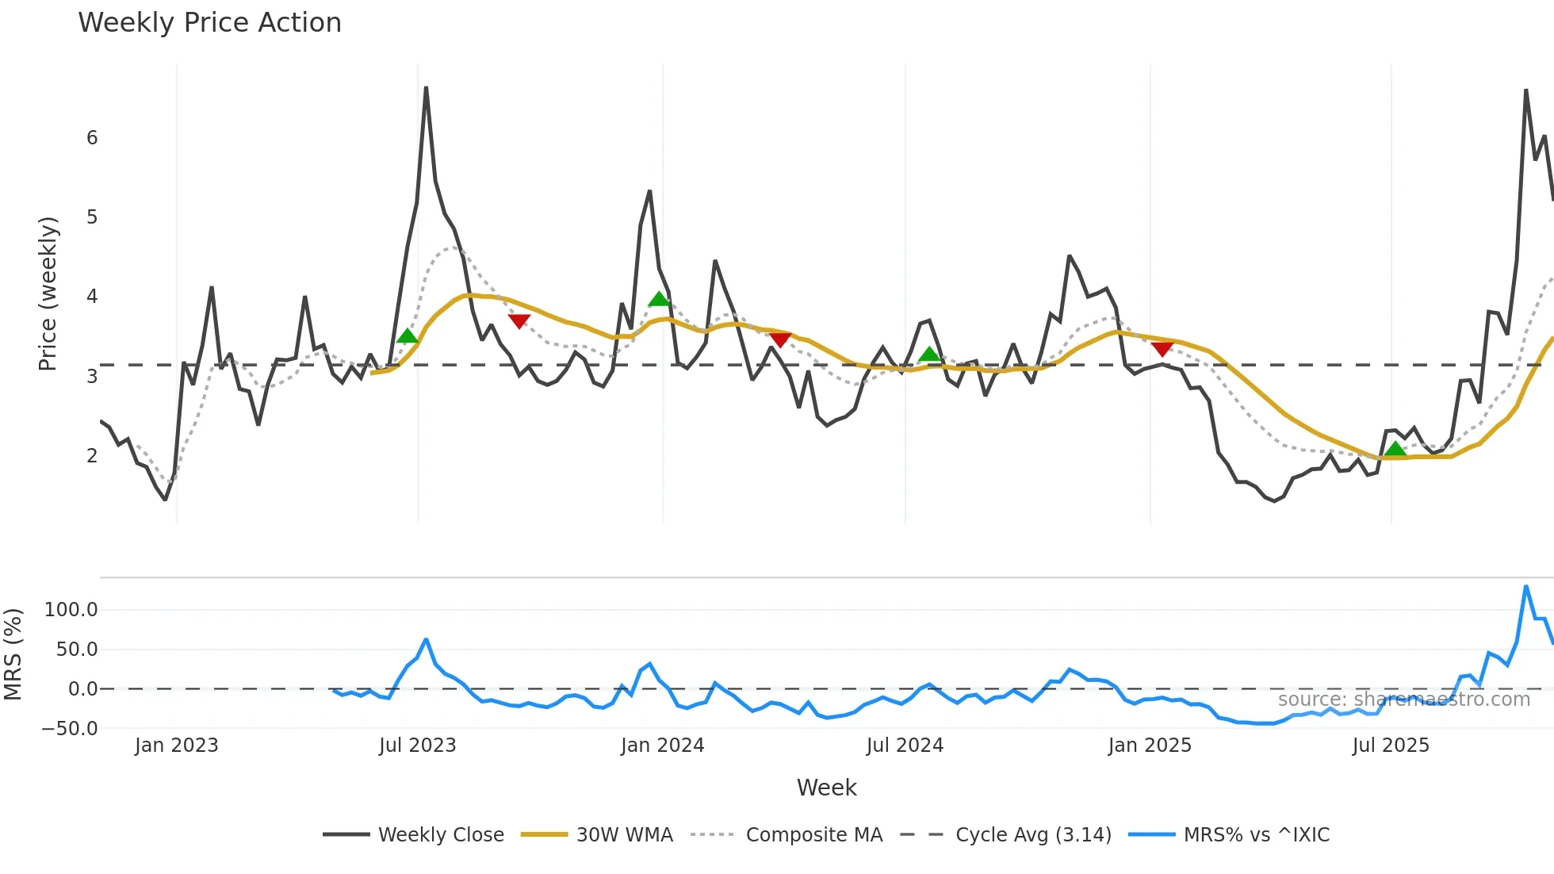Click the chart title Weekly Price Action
(209, 23)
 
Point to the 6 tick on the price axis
(92, 138)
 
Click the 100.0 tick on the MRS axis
(71, 610)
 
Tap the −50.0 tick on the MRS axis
(70, 728)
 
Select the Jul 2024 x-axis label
(905, 746)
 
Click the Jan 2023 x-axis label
(176, 746)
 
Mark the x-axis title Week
(826, 788)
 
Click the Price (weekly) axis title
(48, 293)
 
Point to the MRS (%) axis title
(13, 654)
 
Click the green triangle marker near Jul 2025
(1395, 450)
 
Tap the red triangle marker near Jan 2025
(1162, 349)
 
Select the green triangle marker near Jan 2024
(659, 299)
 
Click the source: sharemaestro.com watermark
(1403, 700)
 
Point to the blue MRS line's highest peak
(1526, 587)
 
